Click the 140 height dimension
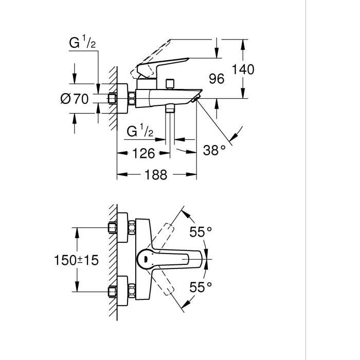click(x=243, y=69)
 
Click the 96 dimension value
click(x=218, y=79)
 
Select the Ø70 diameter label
click(x=75, y=99)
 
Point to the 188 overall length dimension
click(x=156, y=175)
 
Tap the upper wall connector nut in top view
click(x=113, y=227)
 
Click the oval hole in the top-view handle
click(x=146, y=260)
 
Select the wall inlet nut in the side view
click(x=113, y=99)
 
